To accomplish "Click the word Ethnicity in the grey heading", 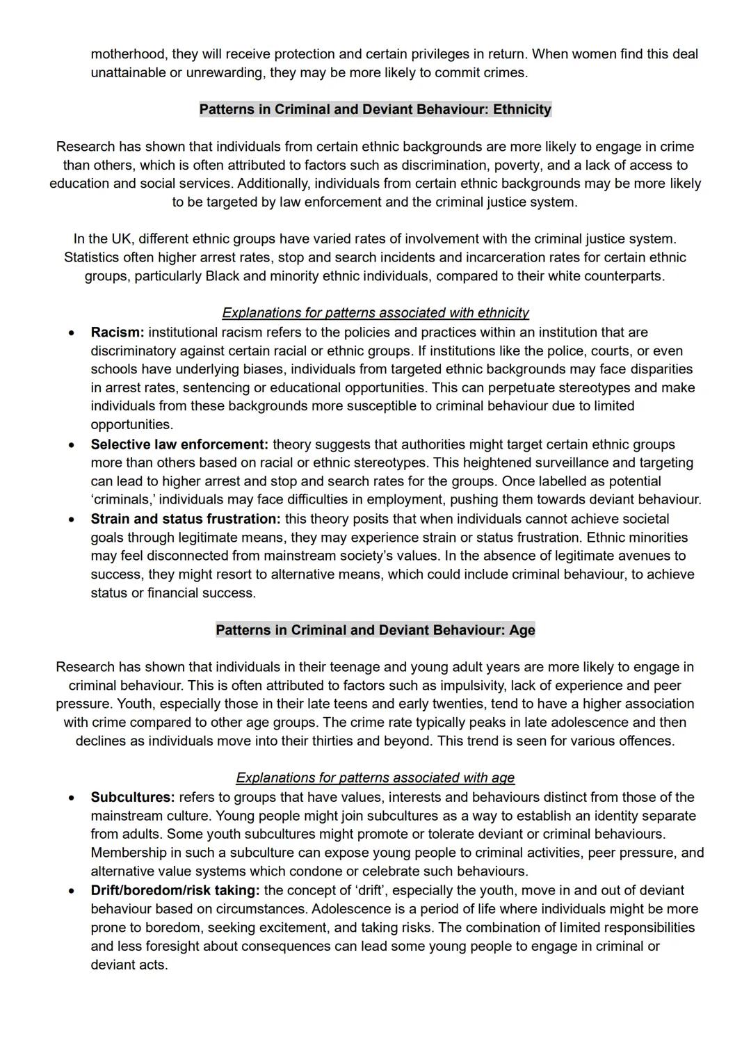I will click(x=522, y=109).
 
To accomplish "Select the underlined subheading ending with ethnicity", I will click(x=375, y=313).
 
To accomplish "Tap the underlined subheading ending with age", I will click(x=375, y=778).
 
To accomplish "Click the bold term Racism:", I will click(x=117, y=332).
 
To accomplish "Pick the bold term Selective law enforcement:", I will click(x=179, y=444).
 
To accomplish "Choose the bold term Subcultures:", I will click(x=132, y=797).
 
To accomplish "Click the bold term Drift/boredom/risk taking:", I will click(x=175, y=890).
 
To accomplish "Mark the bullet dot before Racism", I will click(x=72, y=333).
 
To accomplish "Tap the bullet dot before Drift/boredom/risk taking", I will click(x=72, y=891).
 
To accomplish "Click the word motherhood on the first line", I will click(x=129, y=54).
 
